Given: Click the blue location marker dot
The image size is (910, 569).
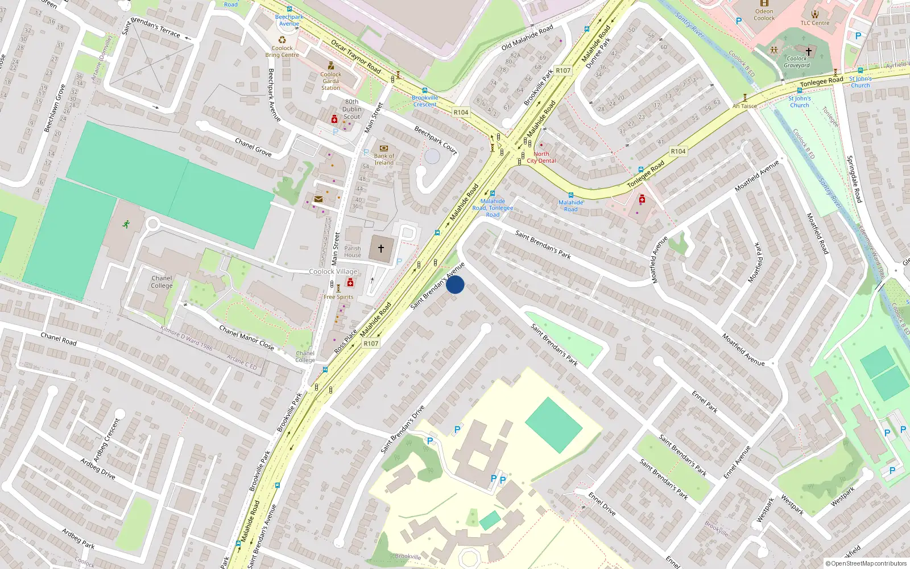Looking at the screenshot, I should coord(455,284).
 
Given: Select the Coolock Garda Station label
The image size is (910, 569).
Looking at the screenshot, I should coord(330,81).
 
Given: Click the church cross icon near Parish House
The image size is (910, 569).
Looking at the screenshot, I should coord(381,248).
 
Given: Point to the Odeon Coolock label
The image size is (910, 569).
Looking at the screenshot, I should coord(764,15).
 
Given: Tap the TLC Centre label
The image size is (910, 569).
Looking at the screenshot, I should coord(815,23).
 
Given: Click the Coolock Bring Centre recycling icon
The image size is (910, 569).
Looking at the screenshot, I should coord(282,40).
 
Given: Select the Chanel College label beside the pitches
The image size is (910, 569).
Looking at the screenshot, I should coord(162,282).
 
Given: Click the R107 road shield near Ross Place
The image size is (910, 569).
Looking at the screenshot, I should coord(371,344).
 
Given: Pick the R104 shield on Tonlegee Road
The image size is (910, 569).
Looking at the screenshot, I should coord(678,151).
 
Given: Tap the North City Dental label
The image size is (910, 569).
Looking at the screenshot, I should coord(541,158).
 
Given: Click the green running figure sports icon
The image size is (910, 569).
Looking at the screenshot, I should coord(126,224).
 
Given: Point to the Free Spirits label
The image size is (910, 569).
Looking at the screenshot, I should coord(338,297).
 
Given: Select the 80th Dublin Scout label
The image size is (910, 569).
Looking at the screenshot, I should coord(351,109).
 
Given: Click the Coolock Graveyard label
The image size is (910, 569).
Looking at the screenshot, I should coord(796,62).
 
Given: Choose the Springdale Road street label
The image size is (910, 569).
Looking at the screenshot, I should coord(854,179).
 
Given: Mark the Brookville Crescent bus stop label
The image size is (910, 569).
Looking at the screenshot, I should coord(425,101).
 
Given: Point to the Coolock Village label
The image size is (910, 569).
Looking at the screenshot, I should coord(333,271).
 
